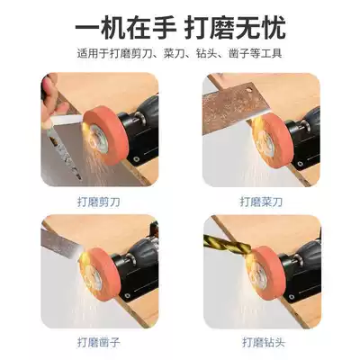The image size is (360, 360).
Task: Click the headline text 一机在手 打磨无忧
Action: coord(180,27)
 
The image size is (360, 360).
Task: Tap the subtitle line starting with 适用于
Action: coord(180,54)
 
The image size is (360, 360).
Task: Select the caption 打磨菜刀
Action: coord(260,203)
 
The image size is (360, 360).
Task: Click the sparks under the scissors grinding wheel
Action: coord(99,162)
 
